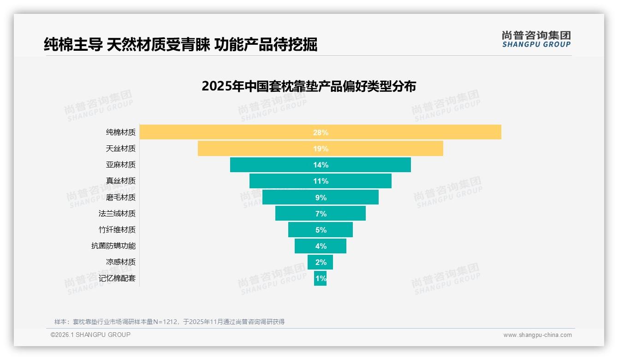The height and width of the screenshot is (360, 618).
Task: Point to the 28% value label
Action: click(321, 132)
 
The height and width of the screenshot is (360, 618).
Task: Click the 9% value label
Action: click(321, 198)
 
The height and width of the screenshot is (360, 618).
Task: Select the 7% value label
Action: click(321, 214)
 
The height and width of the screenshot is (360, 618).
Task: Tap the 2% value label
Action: click(321, 262)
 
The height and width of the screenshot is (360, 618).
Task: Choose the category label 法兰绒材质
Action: click(117, 214)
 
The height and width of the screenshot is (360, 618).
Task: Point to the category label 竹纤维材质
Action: click(117, 230)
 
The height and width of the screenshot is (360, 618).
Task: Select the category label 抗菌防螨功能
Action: click(113, 246)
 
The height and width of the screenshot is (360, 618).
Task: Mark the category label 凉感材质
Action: click(121, 262)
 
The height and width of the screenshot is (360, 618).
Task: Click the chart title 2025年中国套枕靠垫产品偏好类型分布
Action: click(309, 86)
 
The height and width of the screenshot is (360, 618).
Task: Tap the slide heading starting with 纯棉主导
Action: click(180, 44)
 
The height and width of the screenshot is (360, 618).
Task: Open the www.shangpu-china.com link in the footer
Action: click(537, 335)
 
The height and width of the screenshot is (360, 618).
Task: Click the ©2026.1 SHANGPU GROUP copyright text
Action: click(90, 335)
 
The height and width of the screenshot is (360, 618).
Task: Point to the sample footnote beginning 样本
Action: click(169, 322)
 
